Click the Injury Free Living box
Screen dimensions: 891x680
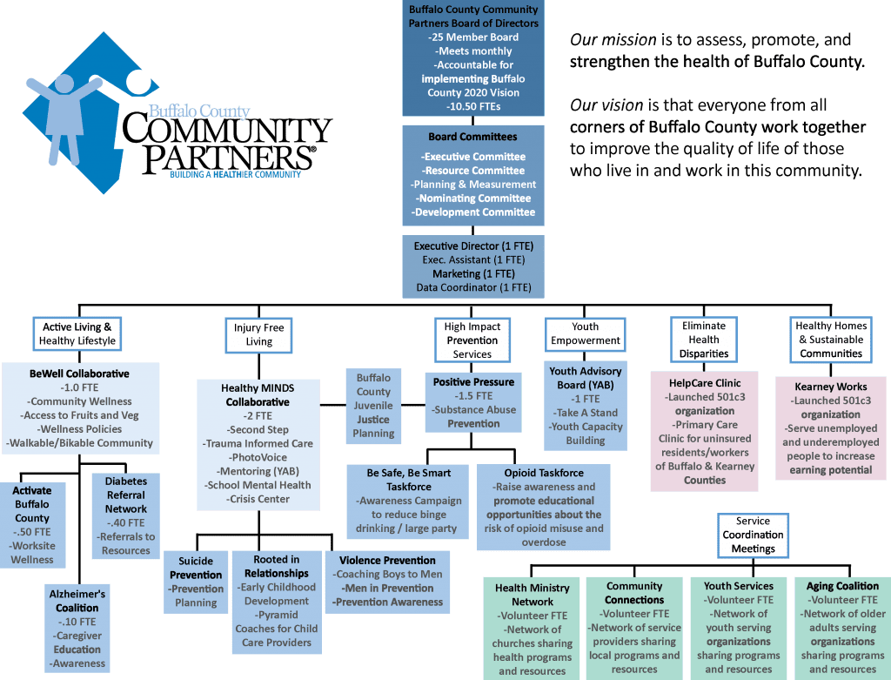point(258,335)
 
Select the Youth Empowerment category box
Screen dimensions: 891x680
point(586,333)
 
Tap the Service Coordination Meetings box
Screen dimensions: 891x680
point(753,535)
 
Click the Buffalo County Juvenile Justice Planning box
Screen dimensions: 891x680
point(373,406)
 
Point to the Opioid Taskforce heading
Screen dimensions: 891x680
point(544,473)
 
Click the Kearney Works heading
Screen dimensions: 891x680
point(831,387)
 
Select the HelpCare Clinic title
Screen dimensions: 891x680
point(705,383)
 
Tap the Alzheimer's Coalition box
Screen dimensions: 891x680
point(77,629)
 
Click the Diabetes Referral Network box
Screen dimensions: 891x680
point(125,515)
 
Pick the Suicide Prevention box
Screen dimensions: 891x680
point(196,582)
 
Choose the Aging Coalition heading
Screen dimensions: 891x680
point(842,586)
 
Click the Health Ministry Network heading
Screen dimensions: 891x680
point(532,595)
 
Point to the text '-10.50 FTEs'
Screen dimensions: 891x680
point(473,106)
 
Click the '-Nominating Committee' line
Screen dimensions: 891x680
point(473,199)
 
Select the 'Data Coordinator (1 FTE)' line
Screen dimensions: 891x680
point(473,287)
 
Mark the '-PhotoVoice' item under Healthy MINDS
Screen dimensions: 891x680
point(259,458)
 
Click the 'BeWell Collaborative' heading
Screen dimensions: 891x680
point(79,374)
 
